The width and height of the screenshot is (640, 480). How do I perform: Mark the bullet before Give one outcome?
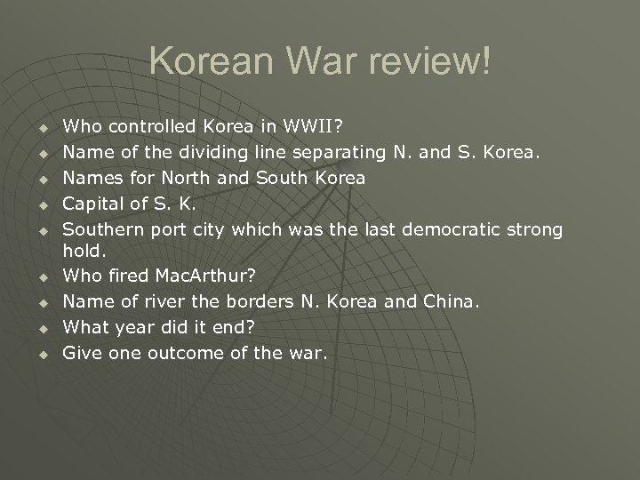pos(41,355)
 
